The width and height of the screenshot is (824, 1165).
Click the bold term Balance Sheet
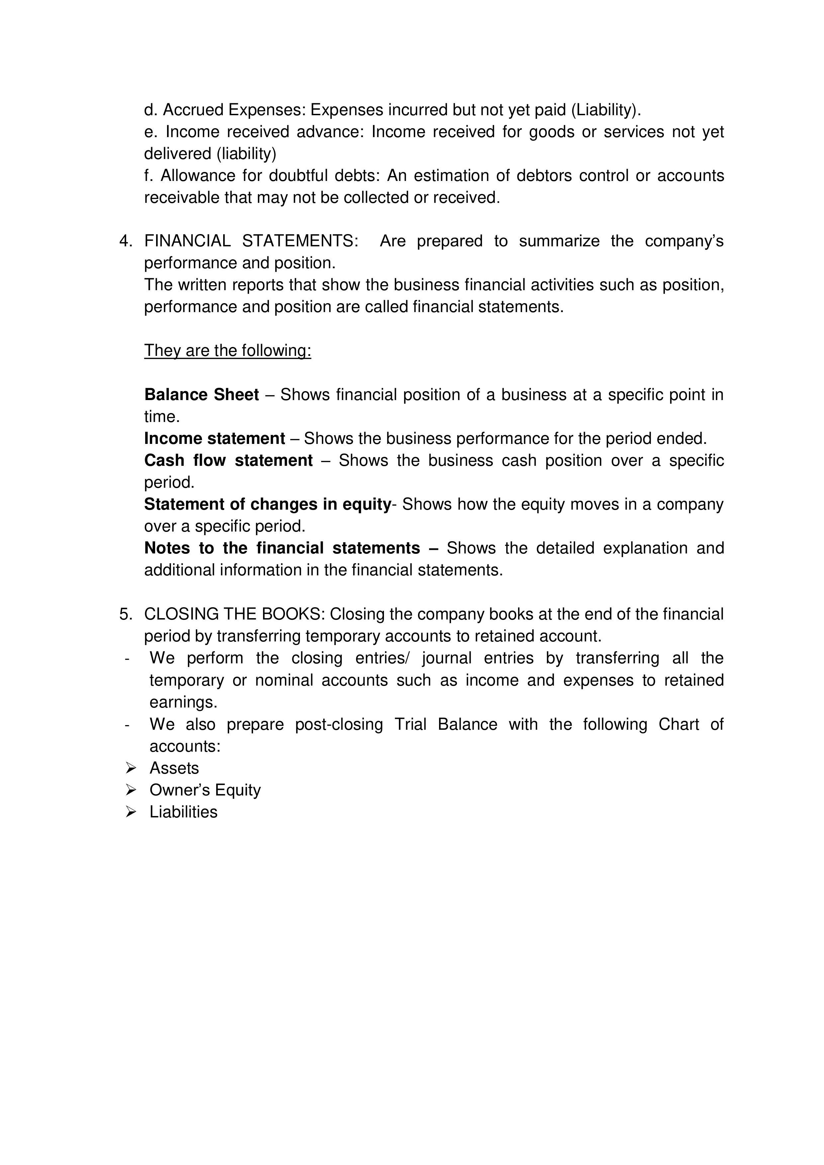(x=202, y=395)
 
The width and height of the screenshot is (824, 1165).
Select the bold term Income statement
(x=214, y=438)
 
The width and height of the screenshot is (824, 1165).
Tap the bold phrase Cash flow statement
(x=228, y=460)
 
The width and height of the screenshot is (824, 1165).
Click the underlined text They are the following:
(x=228, y=351)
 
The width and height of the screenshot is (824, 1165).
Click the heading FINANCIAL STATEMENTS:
(x=251, y=241)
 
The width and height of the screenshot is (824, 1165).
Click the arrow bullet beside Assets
(x=131, y=769)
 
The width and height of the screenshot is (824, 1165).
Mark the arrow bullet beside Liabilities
(x=131, y=812)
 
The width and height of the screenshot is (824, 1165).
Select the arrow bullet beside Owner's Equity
(x=131, y=790)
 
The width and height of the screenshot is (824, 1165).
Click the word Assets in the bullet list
(x=174, y=769)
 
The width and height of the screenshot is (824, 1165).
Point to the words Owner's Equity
(x=205, y=791)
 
